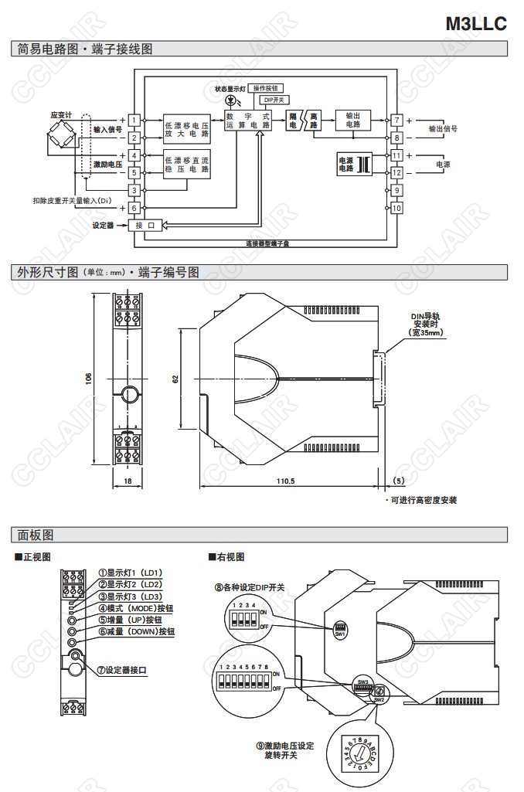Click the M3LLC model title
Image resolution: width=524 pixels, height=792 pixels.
475,23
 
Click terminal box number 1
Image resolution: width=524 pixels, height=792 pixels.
134,120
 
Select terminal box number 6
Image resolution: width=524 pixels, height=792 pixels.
134,208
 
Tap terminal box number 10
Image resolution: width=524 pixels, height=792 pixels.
396,208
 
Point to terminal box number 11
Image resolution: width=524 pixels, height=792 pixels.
396,155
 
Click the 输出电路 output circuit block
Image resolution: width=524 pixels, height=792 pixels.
353,120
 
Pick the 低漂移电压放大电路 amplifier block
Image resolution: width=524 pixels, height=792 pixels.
186,128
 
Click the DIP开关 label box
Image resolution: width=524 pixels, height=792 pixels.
274,100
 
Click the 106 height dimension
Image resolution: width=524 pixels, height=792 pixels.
89,379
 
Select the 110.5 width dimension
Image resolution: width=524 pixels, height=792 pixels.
286,481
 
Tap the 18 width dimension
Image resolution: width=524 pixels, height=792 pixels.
128,481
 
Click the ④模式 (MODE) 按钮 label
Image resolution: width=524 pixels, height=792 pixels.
135,608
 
